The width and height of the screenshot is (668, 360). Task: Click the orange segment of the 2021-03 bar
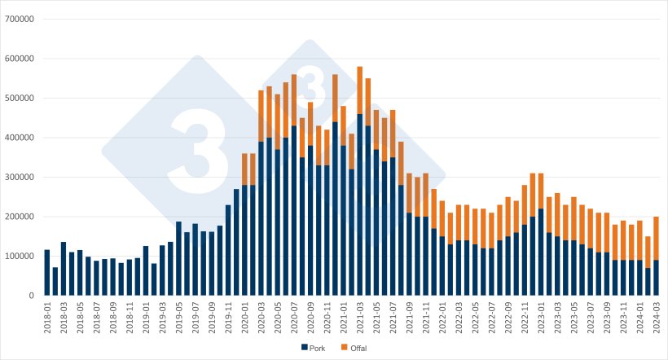(x=360, y=90)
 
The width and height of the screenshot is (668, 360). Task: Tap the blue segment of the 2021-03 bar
(x=360, y=204)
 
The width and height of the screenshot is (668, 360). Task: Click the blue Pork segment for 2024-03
(x=657, y=278)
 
